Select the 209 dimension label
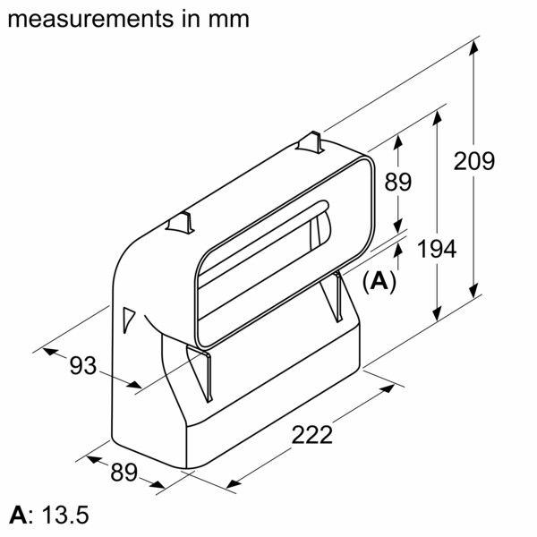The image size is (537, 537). point(473,162)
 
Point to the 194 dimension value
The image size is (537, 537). point(436,249)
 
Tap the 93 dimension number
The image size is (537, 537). point(82,365)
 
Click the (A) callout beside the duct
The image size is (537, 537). point(379,281)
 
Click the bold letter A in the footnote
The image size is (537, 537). point(17,516)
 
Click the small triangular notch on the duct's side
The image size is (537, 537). point(127,317)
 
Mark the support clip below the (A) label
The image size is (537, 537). point(337,295)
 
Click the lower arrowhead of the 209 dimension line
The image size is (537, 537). point(474,295)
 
